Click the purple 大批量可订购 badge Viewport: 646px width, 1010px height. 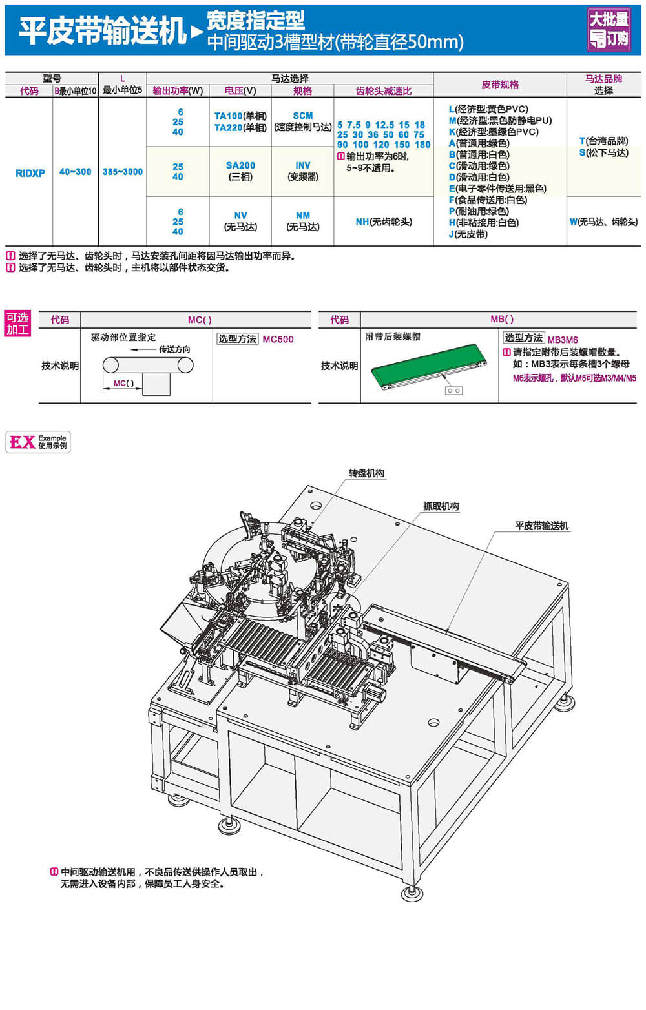coord(609,29)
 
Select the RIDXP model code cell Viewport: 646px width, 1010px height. coord(30,173)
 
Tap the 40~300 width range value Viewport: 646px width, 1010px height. coord(76,172)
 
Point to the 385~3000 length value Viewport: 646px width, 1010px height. coord(123,172)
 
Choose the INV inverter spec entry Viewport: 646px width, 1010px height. coord(302,165)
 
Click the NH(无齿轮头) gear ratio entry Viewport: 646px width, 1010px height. coord(384,222)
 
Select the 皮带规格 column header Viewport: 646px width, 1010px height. coord(500,85)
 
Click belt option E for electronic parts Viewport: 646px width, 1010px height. coord(497,189)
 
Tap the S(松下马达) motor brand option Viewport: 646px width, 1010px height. coord(603,152)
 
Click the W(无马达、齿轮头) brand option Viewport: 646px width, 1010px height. coord(603,222)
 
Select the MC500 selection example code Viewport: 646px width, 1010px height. coord(278,339)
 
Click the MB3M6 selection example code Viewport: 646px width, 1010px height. coord(563,340)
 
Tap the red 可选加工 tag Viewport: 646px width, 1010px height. coord(17,324)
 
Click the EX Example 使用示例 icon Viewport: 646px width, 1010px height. coord(38,442)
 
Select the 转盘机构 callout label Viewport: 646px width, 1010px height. coord(366,473)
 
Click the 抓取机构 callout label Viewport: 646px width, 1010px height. coord(441,506)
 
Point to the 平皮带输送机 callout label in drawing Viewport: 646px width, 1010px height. coord(541,526)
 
